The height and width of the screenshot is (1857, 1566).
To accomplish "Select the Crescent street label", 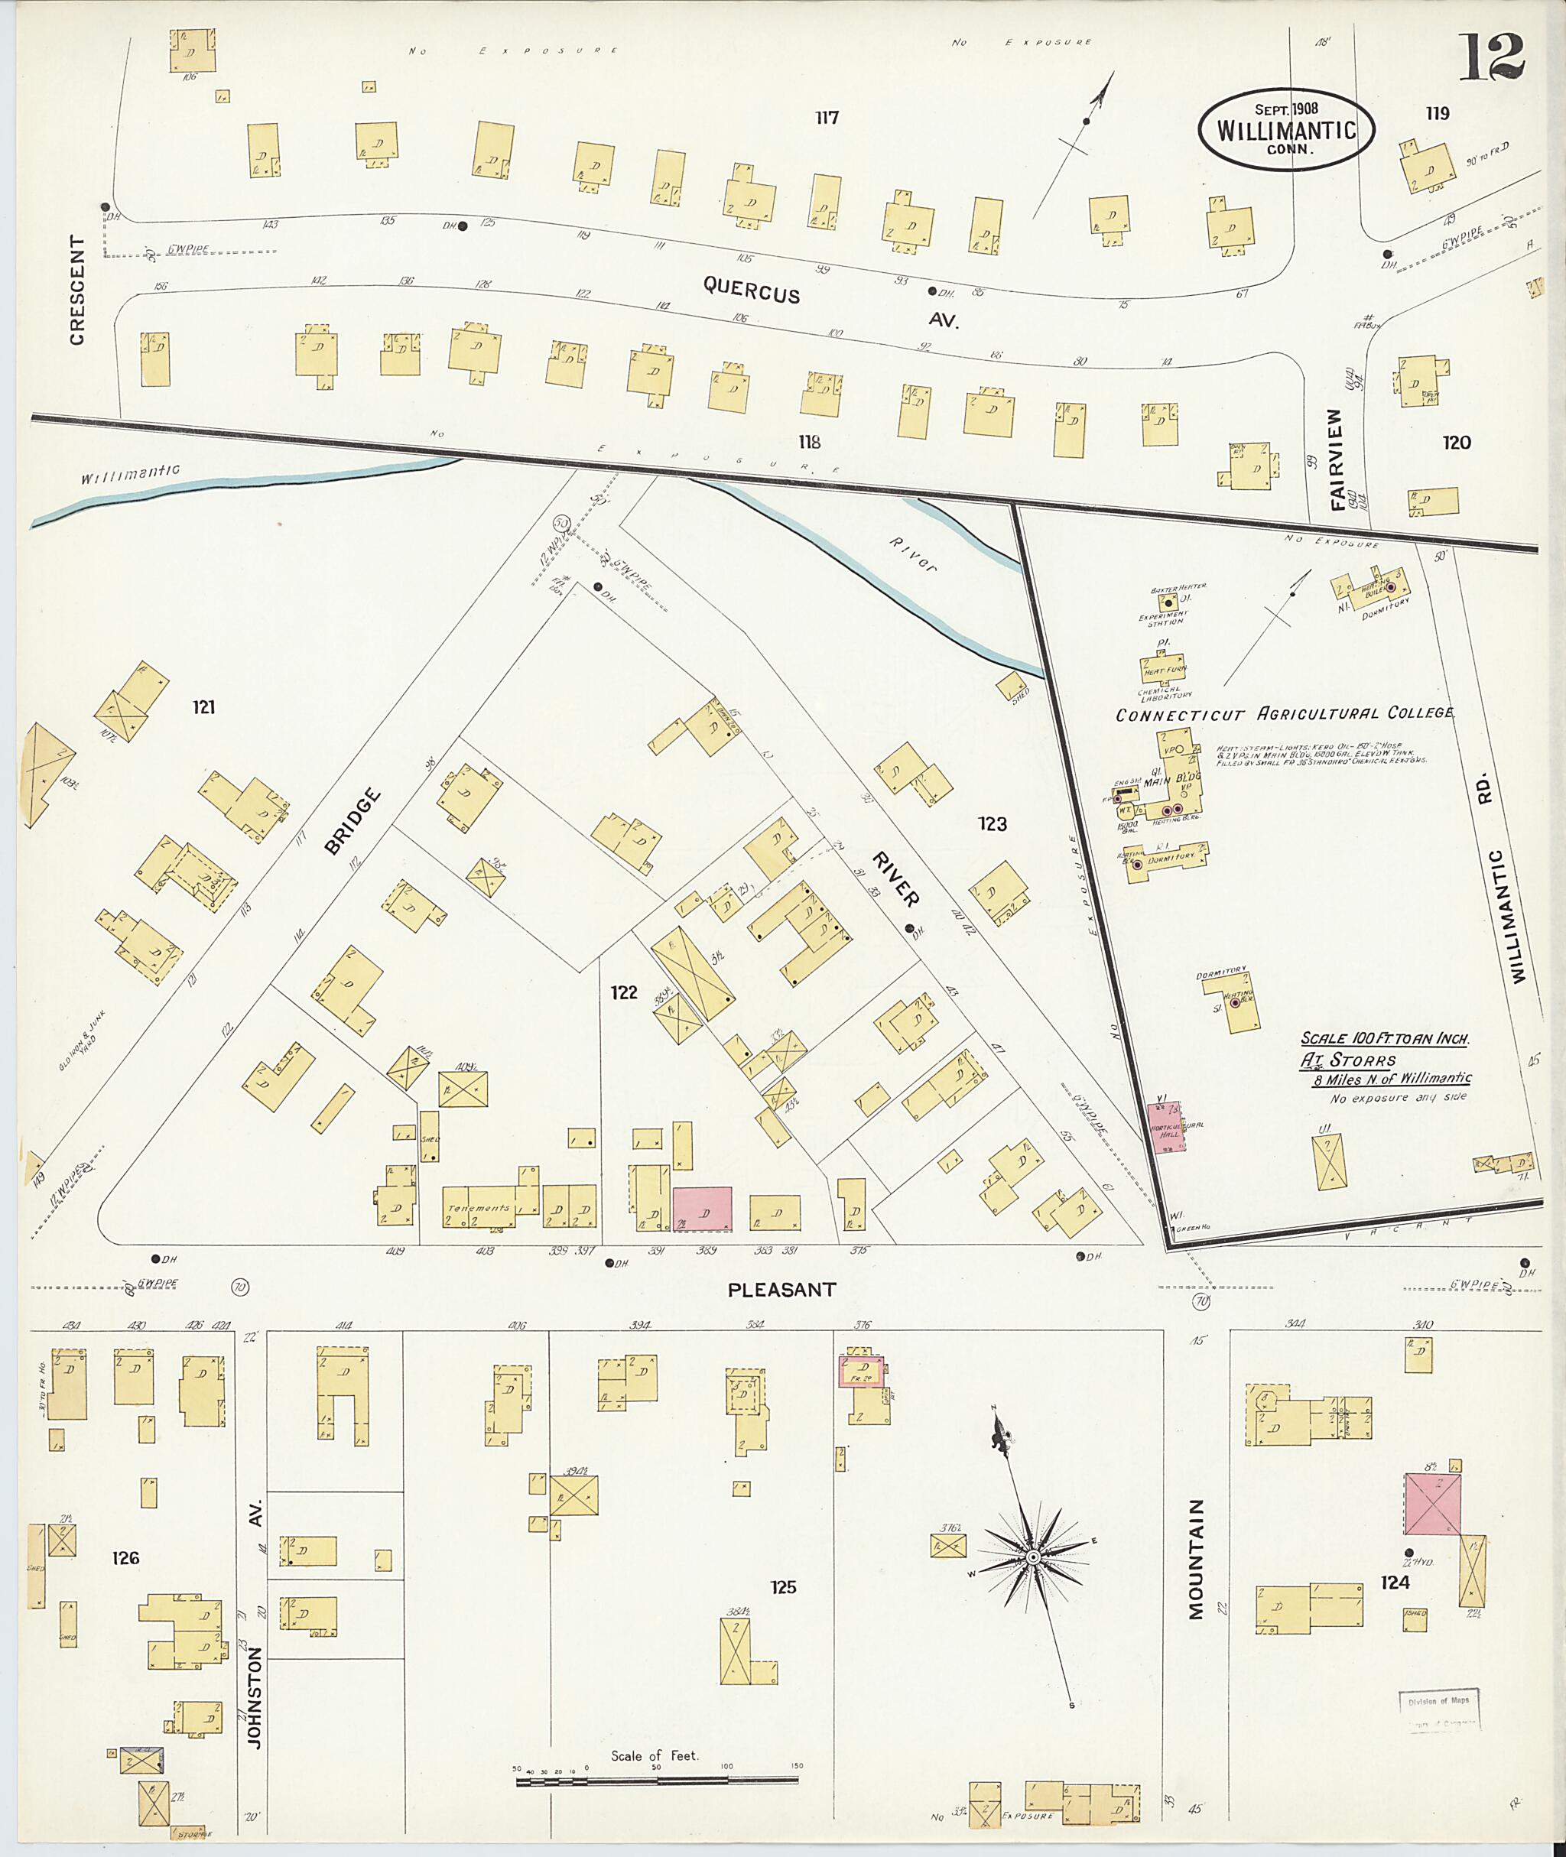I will coord(77,291).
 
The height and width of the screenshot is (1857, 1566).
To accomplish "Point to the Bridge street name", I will coord(352,821).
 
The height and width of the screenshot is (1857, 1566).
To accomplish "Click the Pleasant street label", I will coord(781,1290).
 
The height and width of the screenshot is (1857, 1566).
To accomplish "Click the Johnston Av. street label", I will coord(255,1669).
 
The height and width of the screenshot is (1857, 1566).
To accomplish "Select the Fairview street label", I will coord(1337,459).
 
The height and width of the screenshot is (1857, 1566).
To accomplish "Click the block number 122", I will coord(623,992).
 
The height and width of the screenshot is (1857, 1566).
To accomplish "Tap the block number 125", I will coord(783,1586).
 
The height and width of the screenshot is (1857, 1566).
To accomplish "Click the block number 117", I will coord(827,117).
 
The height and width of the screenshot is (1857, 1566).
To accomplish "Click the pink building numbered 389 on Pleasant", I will coord(702,1209).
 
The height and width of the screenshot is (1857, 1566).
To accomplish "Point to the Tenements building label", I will coord(479,1208).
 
